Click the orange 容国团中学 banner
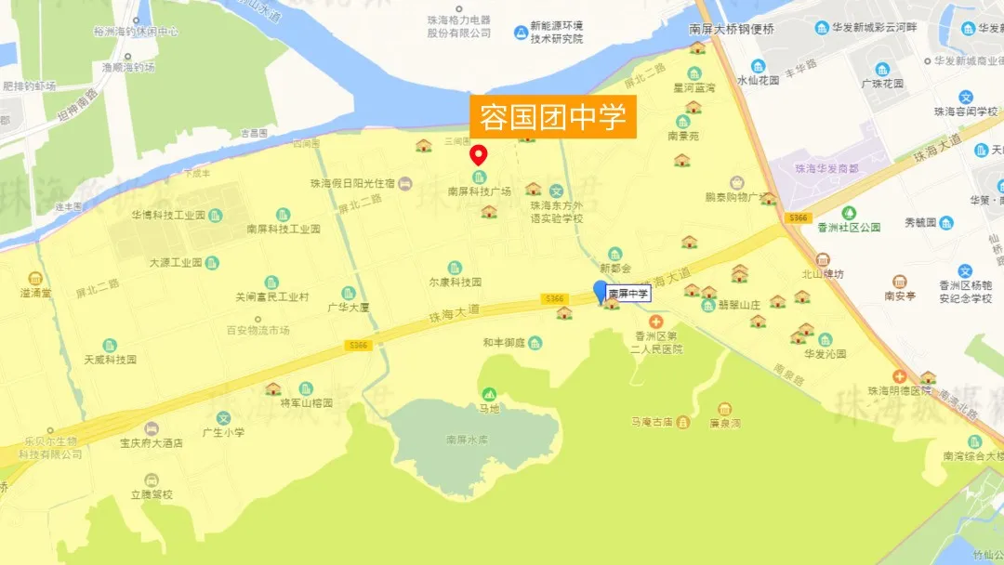click(x=553, y=117)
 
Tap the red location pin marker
click(x=479, y=155)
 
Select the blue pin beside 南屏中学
click(x=601, y=292)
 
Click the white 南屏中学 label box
click(x=627, y=294)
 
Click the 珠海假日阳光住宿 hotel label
click(x=353, y=183)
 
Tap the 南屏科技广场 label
click(x=480, y=191)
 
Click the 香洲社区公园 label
click(x=849, y=227)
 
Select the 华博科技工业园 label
click(x=167, y=215)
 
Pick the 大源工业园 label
click(x=176, y=262)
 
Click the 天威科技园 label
click(x=111, y=359)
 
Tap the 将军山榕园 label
click(x=307, y=402)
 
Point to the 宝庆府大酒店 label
click(x=152, y=442)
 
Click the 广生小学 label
click(x=224, y=431)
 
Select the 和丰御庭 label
click(x=505, y=343)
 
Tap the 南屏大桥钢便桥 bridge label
click(x=732, y=29)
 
